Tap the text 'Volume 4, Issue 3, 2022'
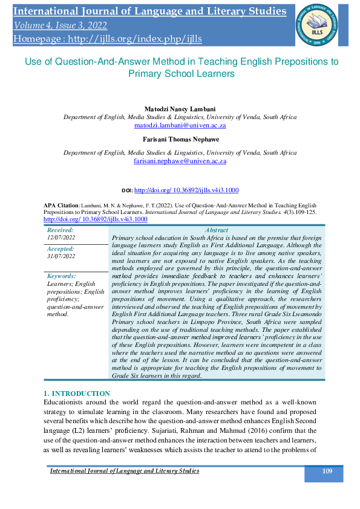(60, 25)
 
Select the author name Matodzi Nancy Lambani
(180, 109)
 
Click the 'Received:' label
(61, 230)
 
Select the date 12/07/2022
(62, 238)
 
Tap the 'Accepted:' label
(61, 248)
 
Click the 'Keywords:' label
(62, 276)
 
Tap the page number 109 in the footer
(327, 471)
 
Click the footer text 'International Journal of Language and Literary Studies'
(124, 471)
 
